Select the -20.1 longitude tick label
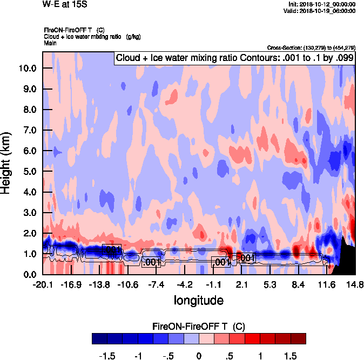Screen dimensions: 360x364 (x=42, y=284)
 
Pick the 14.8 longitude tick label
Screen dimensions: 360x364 (x=355, y=284)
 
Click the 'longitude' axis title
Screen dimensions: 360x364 (x=198, y=300)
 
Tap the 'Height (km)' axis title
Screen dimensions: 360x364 (x=7, y=162)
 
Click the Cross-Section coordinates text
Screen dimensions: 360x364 (x=311, y=47)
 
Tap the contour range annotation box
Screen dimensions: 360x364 (x=234, y=58)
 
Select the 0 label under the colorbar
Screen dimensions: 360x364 (x=199, y=356)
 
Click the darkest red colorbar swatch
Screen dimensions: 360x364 (x=298, y=338)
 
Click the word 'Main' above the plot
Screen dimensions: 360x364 (x=51, y=43)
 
